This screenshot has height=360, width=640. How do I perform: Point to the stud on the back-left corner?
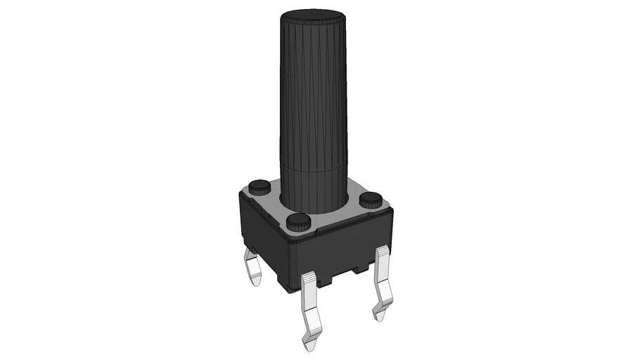[x=259, y=186]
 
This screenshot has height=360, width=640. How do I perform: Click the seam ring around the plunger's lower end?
[x=314, y=167]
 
